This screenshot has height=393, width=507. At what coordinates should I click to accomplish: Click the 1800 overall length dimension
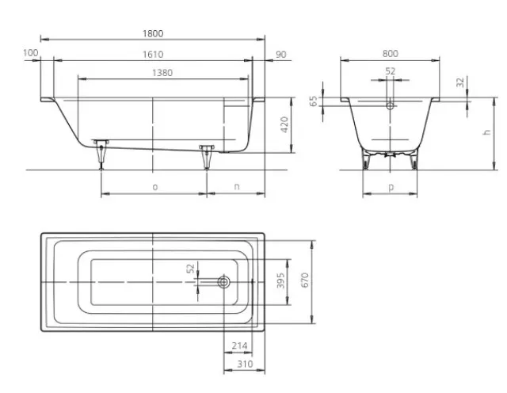153,33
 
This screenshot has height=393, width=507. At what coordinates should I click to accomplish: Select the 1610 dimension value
153,55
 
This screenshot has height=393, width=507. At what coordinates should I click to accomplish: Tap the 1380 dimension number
162,73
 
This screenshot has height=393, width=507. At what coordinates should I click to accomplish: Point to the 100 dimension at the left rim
31,53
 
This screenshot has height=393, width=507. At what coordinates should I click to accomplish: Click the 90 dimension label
281,55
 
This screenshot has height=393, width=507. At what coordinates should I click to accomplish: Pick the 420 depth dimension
284,124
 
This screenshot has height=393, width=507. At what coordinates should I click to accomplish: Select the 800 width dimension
391,54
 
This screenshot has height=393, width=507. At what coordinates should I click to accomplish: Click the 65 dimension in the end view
314,101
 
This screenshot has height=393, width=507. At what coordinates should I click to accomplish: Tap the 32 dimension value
459,82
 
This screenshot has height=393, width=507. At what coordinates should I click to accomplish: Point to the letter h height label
486,132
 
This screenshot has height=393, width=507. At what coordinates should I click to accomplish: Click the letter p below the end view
391,187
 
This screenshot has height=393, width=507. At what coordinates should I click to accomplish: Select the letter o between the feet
155,187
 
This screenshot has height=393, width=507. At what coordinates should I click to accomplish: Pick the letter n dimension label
237,187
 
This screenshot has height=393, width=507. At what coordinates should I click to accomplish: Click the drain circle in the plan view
223,282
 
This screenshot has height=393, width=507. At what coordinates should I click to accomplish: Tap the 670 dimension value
305,280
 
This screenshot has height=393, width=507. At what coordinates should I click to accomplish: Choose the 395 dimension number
280,280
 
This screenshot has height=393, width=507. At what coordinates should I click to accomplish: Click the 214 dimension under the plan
239,345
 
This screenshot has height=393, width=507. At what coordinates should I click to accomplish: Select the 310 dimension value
245,364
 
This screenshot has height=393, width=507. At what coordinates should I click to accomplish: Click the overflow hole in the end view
391,105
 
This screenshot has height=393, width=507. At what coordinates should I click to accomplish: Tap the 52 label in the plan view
191,268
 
